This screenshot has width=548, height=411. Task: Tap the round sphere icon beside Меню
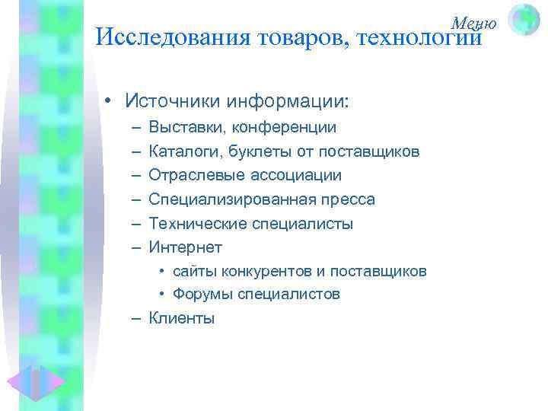click(x=523, y=20)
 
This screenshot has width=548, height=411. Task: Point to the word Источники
click(x=173, y=101)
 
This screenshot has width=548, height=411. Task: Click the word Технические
click(x=193, y=224)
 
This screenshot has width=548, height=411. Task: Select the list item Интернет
click(x=185, y=247)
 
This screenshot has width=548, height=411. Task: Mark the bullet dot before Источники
click(x=110, y=102)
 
